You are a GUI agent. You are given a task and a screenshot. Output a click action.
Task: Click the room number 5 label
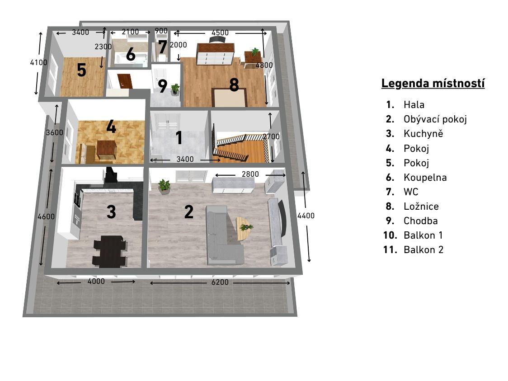82,70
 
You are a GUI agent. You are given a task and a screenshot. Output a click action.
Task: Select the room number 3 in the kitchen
111,212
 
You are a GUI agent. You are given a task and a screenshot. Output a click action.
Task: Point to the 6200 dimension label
220,282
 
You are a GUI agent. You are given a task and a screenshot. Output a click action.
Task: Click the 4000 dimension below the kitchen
96,281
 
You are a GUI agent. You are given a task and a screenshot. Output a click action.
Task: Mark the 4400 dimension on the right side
306,216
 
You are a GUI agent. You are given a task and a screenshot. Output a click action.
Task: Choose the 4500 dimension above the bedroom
220,33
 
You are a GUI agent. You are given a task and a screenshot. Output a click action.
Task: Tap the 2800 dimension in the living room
250,174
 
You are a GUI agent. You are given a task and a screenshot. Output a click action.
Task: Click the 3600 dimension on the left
54,132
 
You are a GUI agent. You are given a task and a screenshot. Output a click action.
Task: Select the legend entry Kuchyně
423,133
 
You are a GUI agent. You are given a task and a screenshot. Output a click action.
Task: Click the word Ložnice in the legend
421,206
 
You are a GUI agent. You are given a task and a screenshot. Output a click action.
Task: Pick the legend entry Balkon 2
423,250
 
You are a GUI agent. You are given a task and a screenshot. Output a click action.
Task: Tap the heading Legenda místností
433,83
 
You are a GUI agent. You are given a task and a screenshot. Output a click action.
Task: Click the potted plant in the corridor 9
175,89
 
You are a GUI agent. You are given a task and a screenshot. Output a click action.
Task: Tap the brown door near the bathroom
124,81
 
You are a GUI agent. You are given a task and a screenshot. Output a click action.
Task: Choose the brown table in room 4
106,150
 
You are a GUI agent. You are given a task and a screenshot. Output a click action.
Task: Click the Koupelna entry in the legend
425,177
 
